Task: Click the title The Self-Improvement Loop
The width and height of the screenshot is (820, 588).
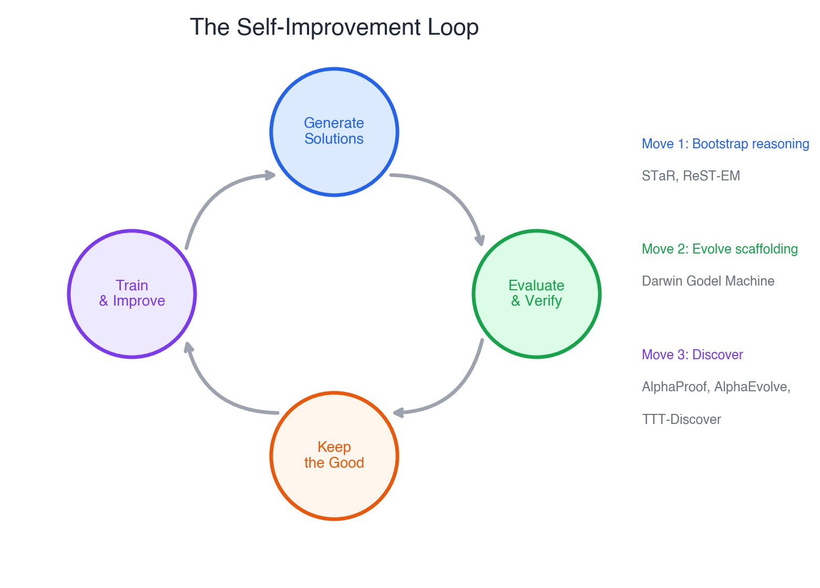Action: pyautogui.click(x=334, y=27)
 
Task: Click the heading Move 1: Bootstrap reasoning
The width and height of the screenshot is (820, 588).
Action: pyautogui.click(x=725, y=144)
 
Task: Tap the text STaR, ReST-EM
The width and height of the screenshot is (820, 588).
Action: pyautogui.click(x=691, y=176)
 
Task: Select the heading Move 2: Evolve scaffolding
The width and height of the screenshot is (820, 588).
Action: pyautogui.click(x=720, y=249)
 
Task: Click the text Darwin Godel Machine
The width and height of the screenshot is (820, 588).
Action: pyautogui.click(x=708, y=281)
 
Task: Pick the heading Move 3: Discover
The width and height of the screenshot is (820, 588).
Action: pyautogui.click(x=692, y=355)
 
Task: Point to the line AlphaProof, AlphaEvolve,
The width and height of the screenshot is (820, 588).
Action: pyautogui.click(x=716, y=387)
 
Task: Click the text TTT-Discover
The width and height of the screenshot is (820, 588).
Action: pyautogui.click(x=681, y=420)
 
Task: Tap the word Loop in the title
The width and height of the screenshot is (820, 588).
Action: pyautogui.click(x=453, y=27)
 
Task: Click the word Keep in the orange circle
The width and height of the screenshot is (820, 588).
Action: pyautogui.click(x=334, y=447)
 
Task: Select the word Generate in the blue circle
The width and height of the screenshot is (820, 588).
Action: pyautogui.click(x=334, y=123)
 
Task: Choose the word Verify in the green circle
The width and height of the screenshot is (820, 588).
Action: pyautogui.click(x=544, y=301)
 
